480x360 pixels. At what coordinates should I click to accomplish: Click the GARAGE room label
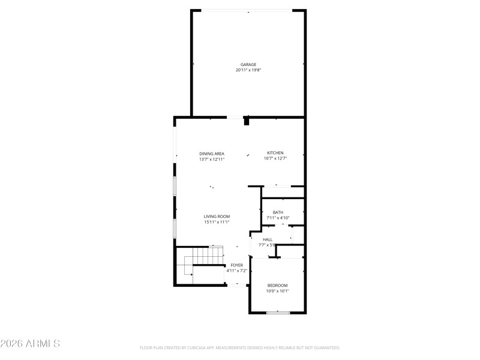point(248,64)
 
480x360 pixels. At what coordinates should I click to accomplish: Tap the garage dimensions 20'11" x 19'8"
point(248,70)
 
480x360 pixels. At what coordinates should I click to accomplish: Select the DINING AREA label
point(212,153)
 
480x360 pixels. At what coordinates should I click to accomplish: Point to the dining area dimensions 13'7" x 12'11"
point(212,159)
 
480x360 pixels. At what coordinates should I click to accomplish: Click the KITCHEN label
point(275,152)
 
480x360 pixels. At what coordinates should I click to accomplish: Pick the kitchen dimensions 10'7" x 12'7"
point(275,158)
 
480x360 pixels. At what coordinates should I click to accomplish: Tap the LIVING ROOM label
point(217,217)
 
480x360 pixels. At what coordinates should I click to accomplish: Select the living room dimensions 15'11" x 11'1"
point(217,223)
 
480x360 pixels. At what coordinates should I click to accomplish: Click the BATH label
point(278,212)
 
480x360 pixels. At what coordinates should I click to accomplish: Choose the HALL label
point(268,239)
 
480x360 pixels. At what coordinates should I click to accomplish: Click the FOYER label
point(236,265)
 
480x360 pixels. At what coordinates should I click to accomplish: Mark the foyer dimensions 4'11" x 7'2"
point(236,271)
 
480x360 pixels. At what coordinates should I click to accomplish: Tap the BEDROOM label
point(277,285)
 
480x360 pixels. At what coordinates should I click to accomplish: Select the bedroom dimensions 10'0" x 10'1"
point(277,291)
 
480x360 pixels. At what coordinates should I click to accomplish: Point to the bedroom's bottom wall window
point(278,313)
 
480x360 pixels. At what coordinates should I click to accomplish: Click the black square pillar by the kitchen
point(247,121)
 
